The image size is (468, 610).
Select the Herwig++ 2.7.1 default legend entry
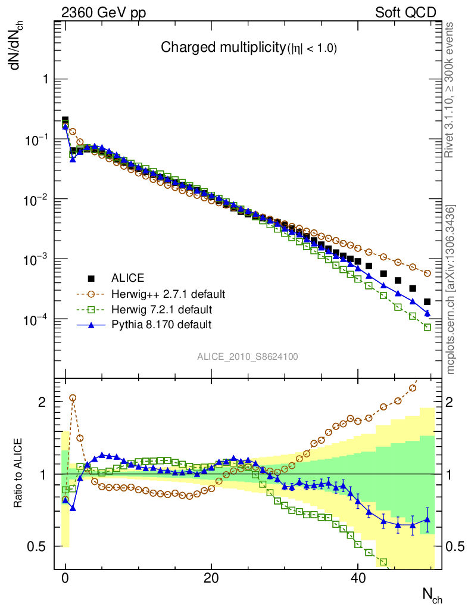tap(167, 294)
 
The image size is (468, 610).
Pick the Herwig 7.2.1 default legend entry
tap(163, 310)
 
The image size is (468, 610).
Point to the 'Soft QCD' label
tap(405, 13)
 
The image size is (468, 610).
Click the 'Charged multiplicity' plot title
tap(249, 48)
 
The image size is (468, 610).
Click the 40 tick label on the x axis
tap(357, 578)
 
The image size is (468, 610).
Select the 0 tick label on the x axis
tap(65, 578)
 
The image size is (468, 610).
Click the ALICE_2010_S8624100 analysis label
tap(248, 357)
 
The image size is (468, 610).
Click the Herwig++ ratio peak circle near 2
tap(73, 397)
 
